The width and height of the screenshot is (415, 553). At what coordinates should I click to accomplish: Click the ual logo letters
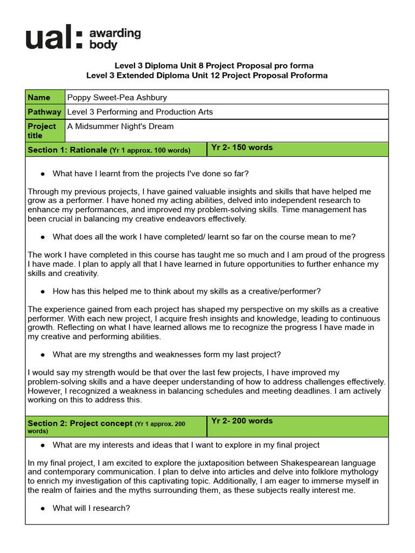pos(54,38)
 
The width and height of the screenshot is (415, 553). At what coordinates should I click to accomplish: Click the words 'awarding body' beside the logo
pos(115,39)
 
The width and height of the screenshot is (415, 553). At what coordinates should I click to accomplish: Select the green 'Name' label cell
pos(45,97)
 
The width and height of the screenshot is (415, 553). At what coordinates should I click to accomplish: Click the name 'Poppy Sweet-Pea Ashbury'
pos(117,97)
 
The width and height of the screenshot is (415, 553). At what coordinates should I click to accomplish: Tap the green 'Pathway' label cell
pos(45,112)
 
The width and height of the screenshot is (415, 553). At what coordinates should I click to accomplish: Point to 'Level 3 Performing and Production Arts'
pos(140,112)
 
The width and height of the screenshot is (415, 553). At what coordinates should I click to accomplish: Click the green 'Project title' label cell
pos(45,131)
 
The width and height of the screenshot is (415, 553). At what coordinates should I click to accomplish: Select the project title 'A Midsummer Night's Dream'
pos(121,126)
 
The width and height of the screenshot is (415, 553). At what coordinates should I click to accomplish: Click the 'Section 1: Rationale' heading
pos(68,150)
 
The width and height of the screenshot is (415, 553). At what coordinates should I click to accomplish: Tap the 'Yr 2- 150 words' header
pos(242,147)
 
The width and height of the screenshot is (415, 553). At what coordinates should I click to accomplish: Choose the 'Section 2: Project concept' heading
pos(80,423)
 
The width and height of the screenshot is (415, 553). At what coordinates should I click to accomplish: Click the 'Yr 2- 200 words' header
pos(242,421)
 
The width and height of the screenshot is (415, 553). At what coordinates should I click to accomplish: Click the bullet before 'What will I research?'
pos(43,508)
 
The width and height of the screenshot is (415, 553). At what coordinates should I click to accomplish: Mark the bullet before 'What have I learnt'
pos(43,173)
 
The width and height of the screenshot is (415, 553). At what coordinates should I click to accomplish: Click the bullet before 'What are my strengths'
pos(43,355)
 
